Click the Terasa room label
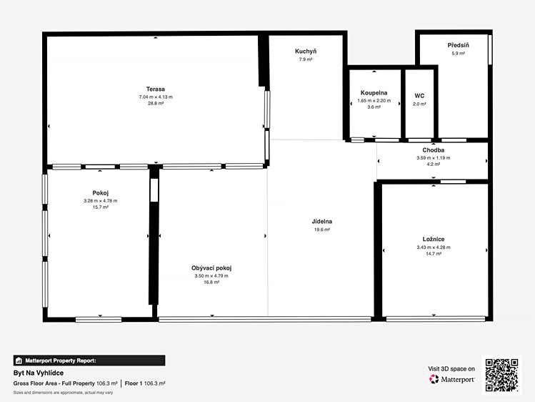(x=156, y=89)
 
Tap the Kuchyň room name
(x=306, y=52)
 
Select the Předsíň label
(x=459, y=45)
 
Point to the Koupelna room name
(x=374, y=93)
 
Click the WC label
(x=419, y=96)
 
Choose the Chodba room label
(x=434, y=150)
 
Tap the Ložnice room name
(x=434, y=239)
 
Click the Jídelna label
(x=321, y=221)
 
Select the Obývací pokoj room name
(x=211, y=268)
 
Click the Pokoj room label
(x=100, y=193)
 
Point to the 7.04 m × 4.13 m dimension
(x=156, y=97)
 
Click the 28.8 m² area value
(x=156, y=103)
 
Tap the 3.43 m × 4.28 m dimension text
(x=434, y=247)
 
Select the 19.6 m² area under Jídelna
(x=321, y=230)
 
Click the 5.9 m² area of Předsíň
(x=459, y=53)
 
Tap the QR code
(x=501, y=375)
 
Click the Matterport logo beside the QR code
(x=451, y=379)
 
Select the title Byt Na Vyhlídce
(x=39, y=373)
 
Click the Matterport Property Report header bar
(x=89, y=361)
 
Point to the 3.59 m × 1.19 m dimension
(x=434, y=158)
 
